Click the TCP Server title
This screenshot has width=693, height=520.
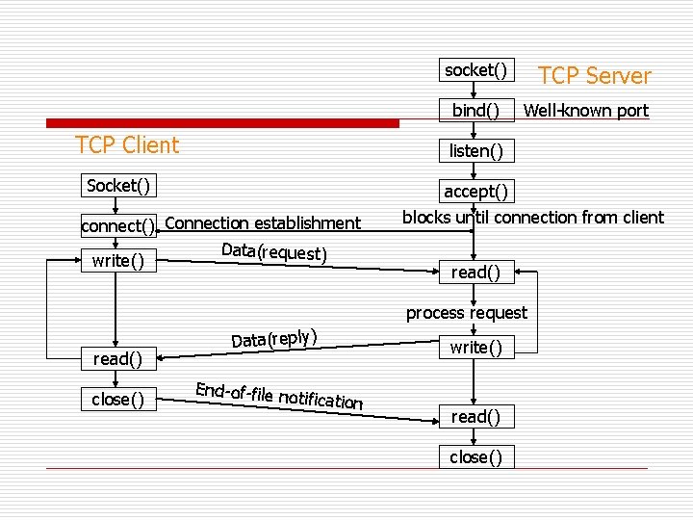click(x=594, y=76)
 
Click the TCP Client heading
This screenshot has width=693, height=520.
click(x=127, y=145)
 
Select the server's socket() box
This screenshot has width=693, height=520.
click(x=475, y=70)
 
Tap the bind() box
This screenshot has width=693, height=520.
click(x=475, y=111)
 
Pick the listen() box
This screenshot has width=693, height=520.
click(x=475, y=151)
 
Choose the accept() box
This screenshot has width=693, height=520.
click(x=475, y=191)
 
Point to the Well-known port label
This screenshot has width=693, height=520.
click(x=585, y=111)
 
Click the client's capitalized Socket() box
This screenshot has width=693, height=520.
click(x=118, y=185)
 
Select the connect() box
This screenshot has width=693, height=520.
click(x=118, y=226)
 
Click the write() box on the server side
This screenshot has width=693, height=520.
click(x=475, y=348)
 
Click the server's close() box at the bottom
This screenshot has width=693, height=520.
click(x=475, y=456)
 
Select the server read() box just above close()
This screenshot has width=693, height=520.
click(x=475, y=416)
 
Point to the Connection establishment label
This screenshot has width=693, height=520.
click(x=263, y=223)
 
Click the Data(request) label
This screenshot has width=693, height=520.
click(x=274, y=252)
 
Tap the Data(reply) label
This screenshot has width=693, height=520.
click(x=274, y=338)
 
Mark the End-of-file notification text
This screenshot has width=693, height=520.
click(x=279, y=396)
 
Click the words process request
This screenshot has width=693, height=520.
click(x=466, y=313)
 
